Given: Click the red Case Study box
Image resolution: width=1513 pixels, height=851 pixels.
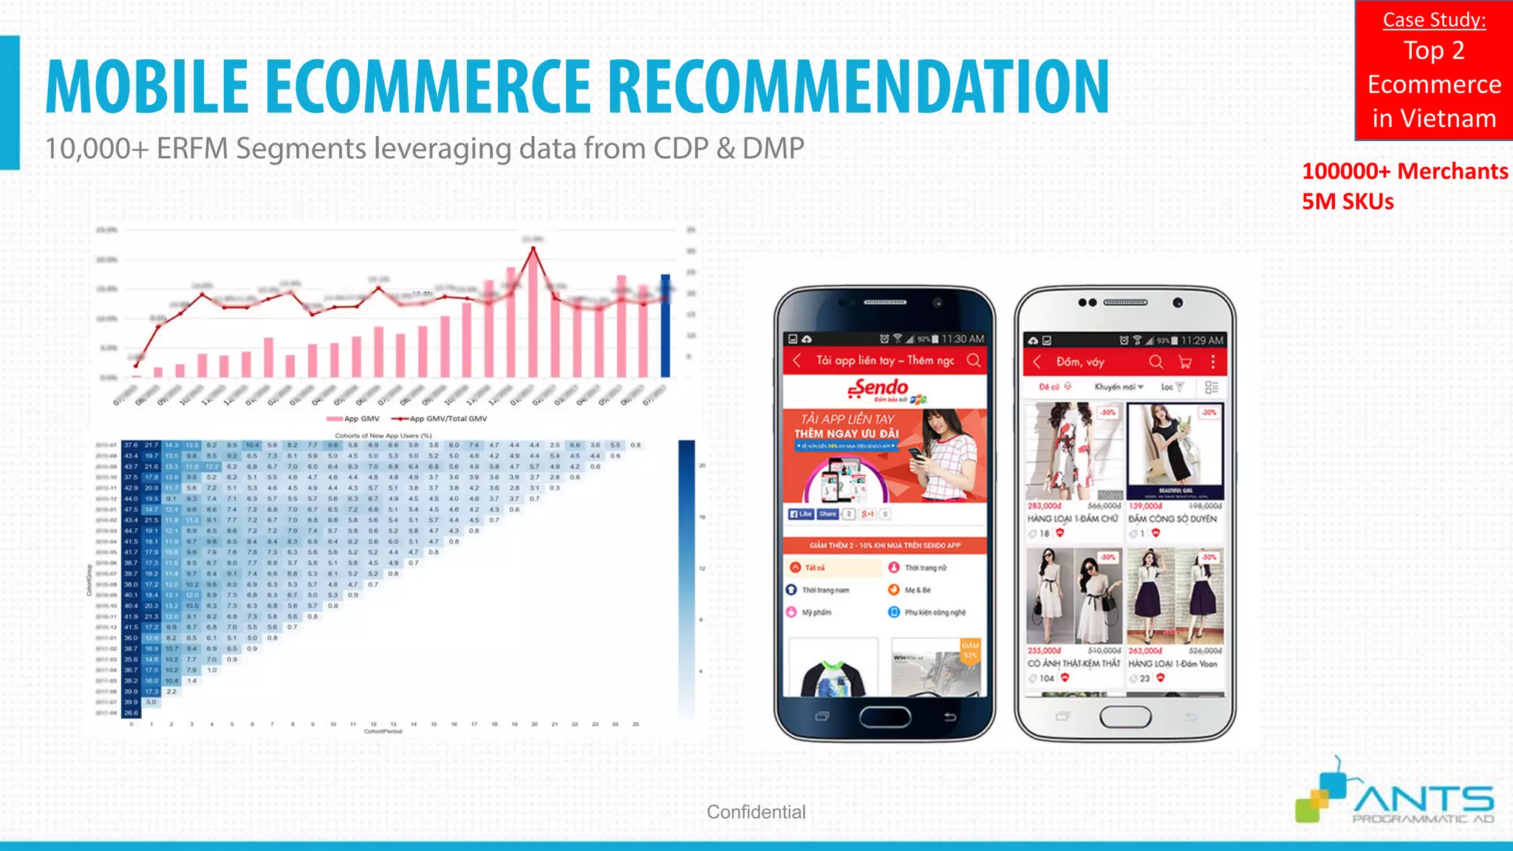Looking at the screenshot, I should (1433, 70).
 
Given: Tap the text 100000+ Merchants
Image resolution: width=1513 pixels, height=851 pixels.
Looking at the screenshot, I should (1404, 171).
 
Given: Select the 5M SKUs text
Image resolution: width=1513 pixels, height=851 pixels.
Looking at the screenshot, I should (1348, 202).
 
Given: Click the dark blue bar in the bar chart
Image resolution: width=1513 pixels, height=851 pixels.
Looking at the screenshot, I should (665, 325).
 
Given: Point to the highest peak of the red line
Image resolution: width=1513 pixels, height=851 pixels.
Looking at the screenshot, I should (533, 248).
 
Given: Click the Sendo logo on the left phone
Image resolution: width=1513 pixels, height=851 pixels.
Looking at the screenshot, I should (880, 389).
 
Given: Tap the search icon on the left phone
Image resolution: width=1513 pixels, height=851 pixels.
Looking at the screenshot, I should (974, 360).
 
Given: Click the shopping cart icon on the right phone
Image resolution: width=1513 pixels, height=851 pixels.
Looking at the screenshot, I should (1185, 362).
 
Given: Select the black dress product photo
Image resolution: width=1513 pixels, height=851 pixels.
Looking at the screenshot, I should (1175, 451).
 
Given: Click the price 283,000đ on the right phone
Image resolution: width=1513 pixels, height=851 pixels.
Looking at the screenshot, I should (1044, 506).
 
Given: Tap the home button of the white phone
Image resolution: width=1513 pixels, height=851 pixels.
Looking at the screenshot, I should (1125, 716).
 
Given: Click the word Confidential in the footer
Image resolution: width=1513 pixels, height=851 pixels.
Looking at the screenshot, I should (756, 812).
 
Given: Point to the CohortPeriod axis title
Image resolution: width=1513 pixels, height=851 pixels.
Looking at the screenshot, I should (383, 731).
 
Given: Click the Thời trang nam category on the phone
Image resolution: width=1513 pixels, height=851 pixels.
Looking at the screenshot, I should (825, 590).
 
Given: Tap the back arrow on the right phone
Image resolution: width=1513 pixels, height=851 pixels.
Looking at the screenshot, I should (1037, 362).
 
